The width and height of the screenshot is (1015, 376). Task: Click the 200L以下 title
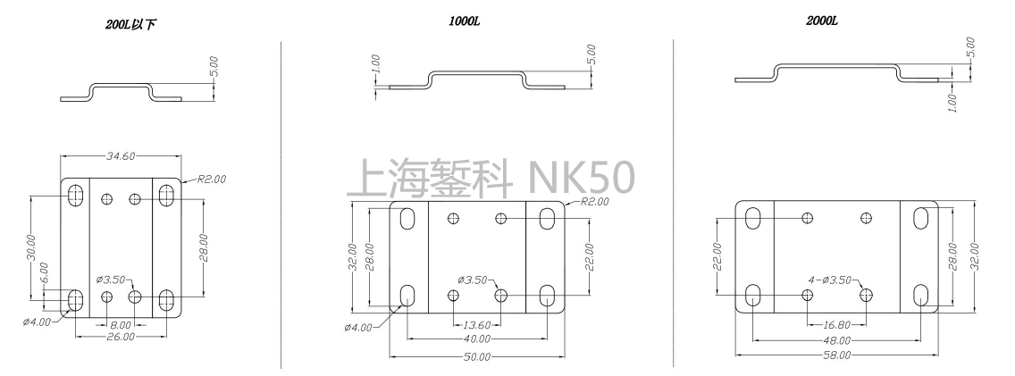pos(130,25)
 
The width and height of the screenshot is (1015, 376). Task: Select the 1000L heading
pos(465,21)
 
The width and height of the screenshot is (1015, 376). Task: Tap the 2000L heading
pos(822,21)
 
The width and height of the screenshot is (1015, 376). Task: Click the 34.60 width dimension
pos(121,156)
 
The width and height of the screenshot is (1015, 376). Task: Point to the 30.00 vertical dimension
pos(32,248)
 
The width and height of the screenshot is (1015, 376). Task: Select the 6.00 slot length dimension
pos(44,272)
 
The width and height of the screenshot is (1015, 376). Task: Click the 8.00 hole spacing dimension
pos(121,325)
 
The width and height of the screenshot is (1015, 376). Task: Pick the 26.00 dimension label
pos(121,338)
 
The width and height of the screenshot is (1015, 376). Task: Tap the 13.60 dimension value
pos(477,325)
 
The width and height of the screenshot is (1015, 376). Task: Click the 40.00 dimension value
pos(477,339)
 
